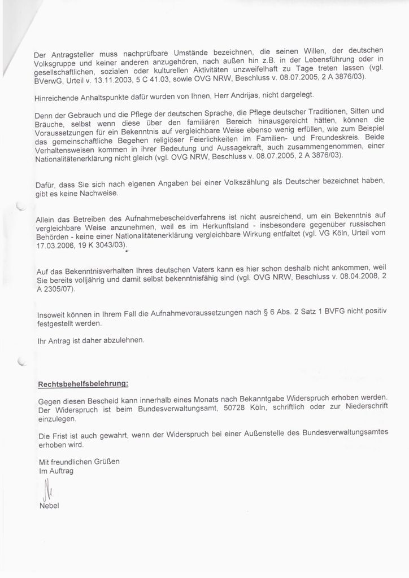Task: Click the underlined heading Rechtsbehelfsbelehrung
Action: click(x=83, y=384)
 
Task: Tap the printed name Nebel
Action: click(x=49, y=505)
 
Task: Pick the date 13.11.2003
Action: click(x=117, y=81)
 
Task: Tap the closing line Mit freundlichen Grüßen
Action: click(x=79, y=461)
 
